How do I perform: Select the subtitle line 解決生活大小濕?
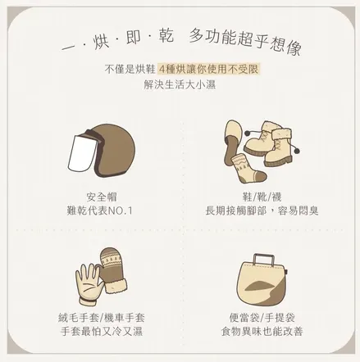pos(180,84)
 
